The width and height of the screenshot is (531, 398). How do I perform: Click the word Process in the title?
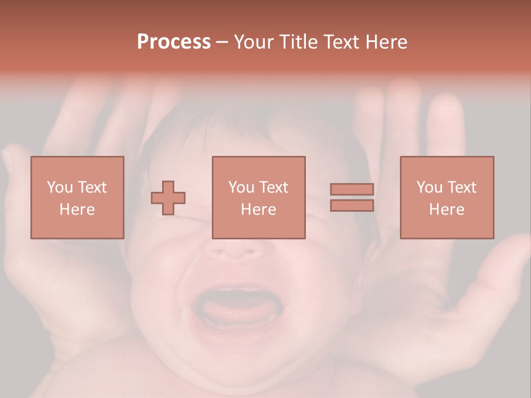tap(174, 42)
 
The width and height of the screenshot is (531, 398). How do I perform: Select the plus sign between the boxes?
tap(168, 198)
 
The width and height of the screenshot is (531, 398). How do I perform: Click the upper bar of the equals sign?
tap(352, 189)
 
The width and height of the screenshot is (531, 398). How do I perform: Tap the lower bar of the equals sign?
tap(352, 206)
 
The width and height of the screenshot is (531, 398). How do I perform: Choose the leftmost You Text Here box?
tap(77, 198)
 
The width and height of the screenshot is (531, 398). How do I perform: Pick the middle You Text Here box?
tap(258, 198)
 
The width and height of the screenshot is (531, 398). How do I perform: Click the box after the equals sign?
tap(446, 198)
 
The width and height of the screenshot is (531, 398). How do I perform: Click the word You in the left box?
tap(60, 187)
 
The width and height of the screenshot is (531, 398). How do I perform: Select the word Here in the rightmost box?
tap(446, 210)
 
